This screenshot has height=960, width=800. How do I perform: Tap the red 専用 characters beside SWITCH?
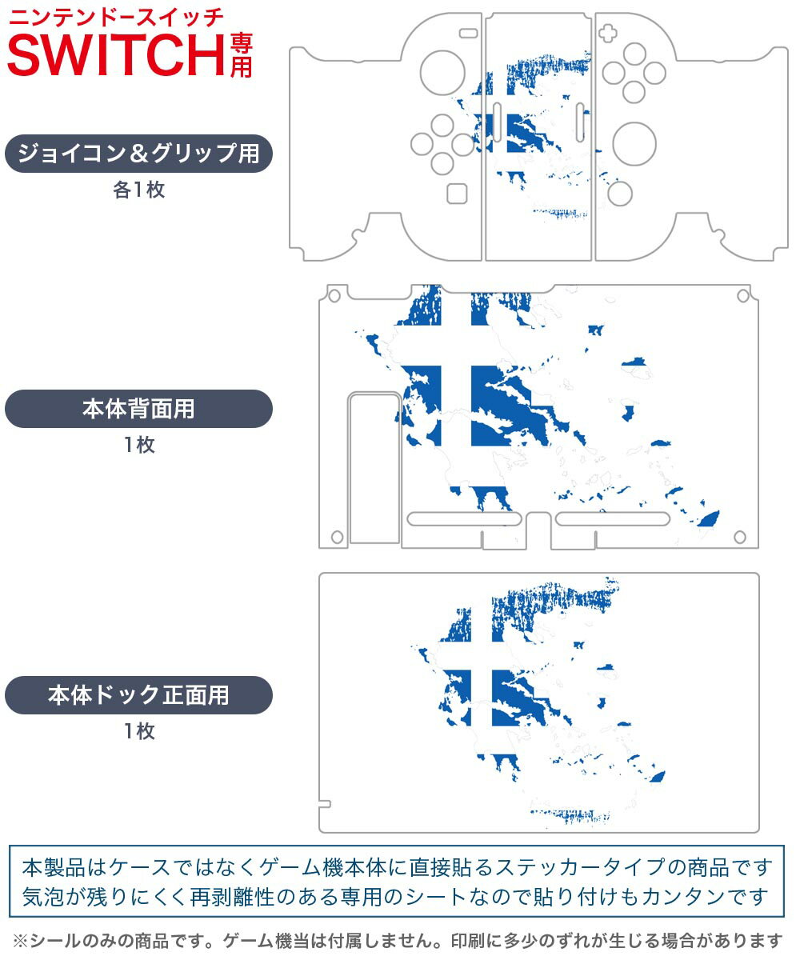(x=242, y=56)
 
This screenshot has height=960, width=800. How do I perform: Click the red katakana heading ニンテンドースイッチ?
(x=116, y=18)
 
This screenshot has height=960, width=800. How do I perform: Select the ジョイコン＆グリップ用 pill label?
(x=138, y=154)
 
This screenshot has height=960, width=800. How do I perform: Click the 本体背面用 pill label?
(x=138, y=409)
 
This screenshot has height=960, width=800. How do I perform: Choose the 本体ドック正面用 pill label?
(x=138, y=695)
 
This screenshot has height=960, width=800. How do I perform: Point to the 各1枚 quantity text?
(x=139, y=190)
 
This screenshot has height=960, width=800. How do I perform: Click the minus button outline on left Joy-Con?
(x=469, y=33)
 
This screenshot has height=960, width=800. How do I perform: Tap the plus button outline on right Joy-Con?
(x=607, y=33)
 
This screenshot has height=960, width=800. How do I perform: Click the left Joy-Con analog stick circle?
(x=442, y=73)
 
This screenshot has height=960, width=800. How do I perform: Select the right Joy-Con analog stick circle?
(x=634, y=144)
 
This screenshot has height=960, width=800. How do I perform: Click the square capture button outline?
(x=457, y=194)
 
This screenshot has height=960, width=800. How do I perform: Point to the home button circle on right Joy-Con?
(x=620, y=194)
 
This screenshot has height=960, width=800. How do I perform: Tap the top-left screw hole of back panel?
(x=334, y=296)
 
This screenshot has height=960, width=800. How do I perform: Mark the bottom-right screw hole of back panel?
(x=740, y=537)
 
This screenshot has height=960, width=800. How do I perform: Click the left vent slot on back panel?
(x=464, y=519)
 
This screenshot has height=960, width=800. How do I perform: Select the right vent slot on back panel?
(x=613, y=519)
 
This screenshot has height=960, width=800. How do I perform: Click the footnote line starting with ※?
(x=398, y=940)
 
